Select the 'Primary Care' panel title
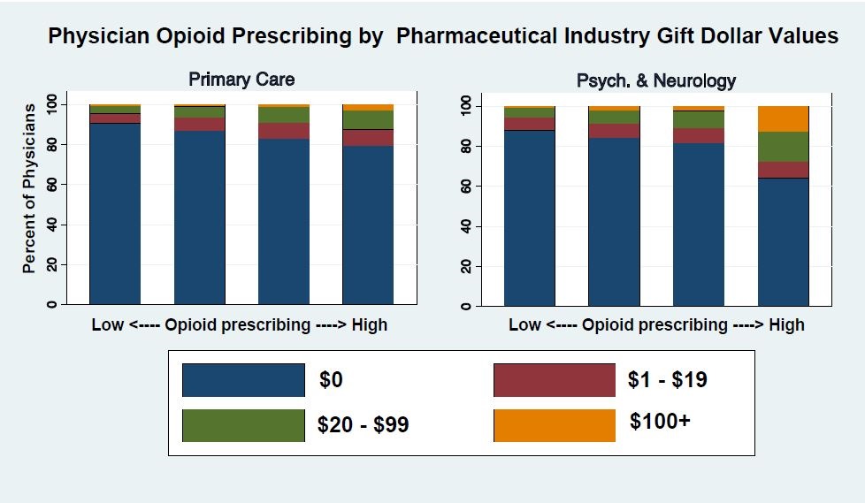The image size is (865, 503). (241, 80)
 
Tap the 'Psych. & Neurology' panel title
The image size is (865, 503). (655, 80)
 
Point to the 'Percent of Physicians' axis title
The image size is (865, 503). (28, 188)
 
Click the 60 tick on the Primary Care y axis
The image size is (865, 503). (52, 184)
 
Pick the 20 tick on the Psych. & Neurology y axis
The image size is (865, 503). (467, 265)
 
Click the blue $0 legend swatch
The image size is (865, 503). (243, 380)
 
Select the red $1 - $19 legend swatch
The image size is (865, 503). (554, 380)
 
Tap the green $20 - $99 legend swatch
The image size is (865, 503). (243, 425)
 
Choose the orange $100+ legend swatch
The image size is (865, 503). (554, 425)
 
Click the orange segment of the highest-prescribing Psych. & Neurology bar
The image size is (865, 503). (783, 118)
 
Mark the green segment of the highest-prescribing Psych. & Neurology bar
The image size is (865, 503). (783, 146)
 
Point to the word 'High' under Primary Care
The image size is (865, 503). (369, 325)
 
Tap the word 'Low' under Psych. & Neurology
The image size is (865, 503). (524, 325)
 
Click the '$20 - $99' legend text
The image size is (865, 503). (363, 425)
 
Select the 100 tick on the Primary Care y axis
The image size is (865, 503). (52, 103)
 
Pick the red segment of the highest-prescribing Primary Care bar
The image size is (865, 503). (367, 137)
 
